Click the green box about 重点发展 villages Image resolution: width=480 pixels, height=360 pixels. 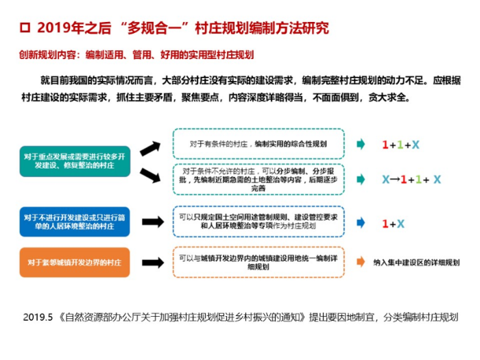point(74,162)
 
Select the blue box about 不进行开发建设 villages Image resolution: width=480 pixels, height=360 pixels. point(74,221)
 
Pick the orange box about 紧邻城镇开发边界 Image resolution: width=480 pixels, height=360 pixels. point(74,263)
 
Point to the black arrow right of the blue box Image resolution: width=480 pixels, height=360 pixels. point(152,222)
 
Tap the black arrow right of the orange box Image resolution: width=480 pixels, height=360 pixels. point(152,262)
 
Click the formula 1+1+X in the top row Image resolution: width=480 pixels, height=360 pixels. point(400,145)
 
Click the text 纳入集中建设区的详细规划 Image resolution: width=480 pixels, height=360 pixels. point(416,262)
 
